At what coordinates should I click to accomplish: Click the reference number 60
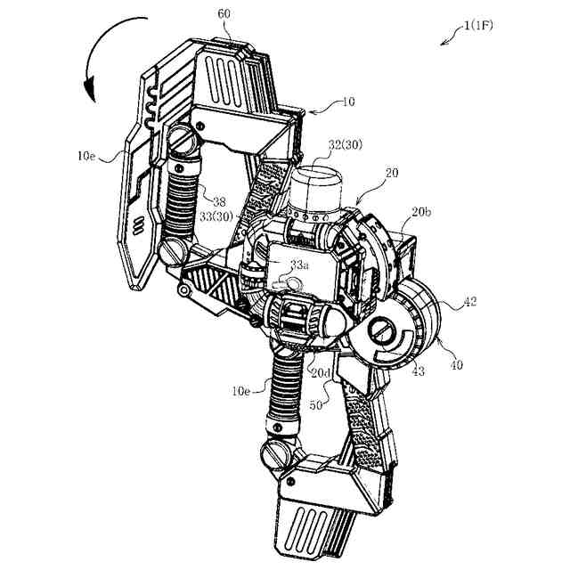tap(223, 15)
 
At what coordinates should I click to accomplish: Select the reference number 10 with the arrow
tap(347, 102)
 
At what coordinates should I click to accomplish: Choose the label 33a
tap(300, 264)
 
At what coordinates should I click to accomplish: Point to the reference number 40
tap(457, 363)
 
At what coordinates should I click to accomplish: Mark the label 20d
tap(320, 370)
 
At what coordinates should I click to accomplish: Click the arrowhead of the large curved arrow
tap(88, 90)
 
